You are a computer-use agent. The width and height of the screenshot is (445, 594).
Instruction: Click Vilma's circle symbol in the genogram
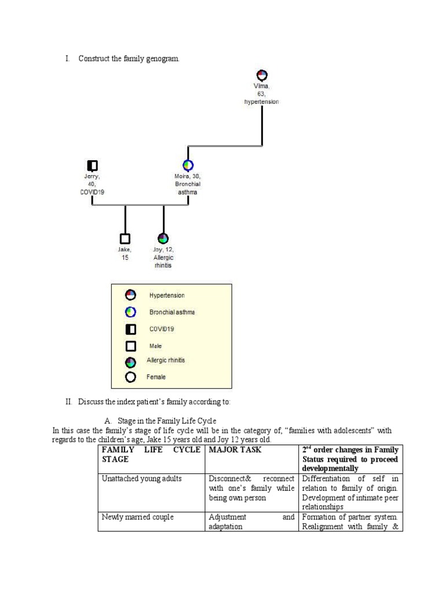coord(261,75)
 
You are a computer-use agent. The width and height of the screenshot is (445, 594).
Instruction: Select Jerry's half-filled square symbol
coord(92,166)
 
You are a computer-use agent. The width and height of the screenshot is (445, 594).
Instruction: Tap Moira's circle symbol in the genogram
coord(188,166)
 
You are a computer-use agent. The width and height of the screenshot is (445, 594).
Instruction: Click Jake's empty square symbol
coord(125,238)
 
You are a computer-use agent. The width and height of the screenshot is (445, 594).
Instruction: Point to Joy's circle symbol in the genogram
coord(163,238)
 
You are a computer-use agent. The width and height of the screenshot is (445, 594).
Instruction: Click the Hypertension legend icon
coord(131,295)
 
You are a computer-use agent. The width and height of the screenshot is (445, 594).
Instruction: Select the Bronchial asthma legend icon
coord(131,312)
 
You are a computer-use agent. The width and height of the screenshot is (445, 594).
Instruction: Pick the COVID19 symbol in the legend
coord(131,329)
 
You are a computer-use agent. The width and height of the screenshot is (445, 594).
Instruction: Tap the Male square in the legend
coord(131,346)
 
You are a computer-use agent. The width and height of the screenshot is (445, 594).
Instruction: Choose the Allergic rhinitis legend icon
coord(131,362)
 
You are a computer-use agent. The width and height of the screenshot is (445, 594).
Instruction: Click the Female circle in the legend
coord(131,377)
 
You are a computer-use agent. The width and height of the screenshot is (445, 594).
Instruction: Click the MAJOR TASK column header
coord(235,450)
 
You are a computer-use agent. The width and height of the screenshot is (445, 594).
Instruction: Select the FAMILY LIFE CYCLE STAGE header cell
coord(151,454)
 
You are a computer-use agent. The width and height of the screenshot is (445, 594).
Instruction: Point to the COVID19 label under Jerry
coord(92,192)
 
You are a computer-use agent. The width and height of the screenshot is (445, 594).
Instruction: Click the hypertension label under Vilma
coord(261,102)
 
